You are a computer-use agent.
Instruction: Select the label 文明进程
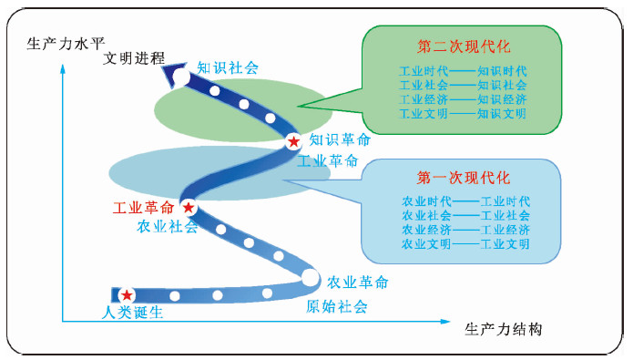(134, 58)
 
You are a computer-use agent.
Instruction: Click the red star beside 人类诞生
(127, 295)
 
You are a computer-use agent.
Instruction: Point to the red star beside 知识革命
(293, 141)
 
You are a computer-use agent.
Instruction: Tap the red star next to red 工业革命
(189, 207)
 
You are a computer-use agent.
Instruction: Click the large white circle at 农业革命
(311, 277)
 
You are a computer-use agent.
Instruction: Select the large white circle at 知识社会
(181, 78)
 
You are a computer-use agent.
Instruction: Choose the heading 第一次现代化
(465, 177)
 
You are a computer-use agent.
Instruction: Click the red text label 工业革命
(143, 208)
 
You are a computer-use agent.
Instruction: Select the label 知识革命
(340, 140)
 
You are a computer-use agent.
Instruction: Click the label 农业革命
(358, 282)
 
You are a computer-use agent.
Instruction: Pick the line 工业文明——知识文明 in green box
(463, 114)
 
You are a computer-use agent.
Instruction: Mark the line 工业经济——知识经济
(463, 99)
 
